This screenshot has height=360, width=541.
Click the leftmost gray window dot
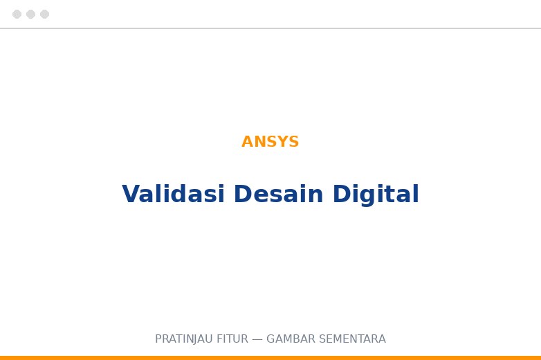(17, 14)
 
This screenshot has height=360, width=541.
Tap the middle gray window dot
(30, 14)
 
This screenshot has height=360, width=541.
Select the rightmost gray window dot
(44, 14)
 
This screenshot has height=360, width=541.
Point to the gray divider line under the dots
(270, 28)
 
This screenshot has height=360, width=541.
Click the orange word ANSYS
(270, 141)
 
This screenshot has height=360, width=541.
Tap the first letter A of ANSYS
(247, 141)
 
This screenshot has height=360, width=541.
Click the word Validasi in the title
(173, 194)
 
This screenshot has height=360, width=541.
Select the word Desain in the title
(279, 194)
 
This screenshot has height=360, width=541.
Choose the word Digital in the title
(376, 195)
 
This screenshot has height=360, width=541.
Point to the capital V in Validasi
(131, 194)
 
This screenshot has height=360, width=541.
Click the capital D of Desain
(244, 194)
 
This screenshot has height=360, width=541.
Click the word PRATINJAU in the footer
(184, 339)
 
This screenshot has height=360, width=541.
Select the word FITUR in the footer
(232, 339)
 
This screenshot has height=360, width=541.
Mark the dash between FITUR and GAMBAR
(257, 339)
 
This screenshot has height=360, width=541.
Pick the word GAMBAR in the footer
(291, 339)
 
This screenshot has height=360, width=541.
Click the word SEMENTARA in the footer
(352, 339)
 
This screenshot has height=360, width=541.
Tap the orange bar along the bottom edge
(270, 358)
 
